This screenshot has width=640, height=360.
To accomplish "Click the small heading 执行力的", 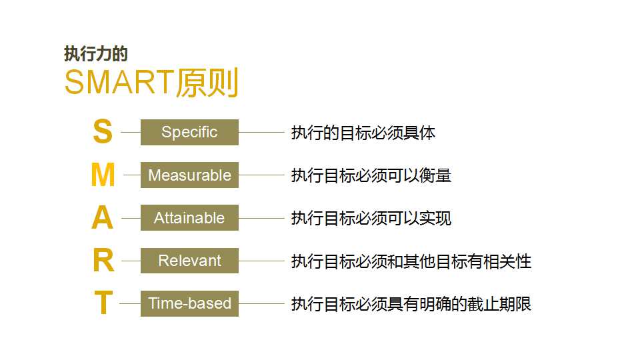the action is [96, 54].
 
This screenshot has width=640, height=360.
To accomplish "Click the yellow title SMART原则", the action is [151, 83].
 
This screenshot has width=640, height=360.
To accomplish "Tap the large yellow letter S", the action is [103, 131].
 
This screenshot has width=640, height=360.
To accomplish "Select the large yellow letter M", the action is [103, 175].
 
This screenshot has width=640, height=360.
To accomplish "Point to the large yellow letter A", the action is [102, 217].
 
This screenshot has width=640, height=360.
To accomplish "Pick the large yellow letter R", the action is [103, 261].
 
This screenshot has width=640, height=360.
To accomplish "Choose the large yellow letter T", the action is [103, 303].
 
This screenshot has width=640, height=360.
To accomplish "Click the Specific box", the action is [189, 132].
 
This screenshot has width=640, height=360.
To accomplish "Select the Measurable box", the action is [189, 175].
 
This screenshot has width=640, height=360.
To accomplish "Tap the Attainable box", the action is [189, 218].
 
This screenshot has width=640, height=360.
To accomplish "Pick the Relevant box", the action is [189, 261].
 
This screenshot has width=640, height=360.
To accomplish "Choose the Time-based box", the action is [189, 304].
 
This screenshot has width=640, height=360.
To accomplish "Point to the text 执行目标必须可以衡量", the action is [371, 175].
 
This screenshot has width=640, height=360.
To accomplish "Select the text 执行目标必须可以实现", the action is [371, 219].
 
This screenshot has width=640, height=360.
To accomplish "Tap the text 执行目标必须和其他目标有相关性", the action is [411, 261].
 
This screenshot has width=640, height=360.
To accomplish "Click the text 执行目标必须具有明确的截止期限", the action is [411, 304].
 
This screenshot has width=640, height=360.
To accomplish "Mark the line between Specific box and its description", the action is [261, 132].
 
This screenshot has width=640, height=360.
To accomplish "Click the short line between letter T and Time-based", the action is [130, 304].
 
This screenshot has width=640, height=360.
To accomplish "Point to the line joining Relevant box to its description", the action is [261, 261].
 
